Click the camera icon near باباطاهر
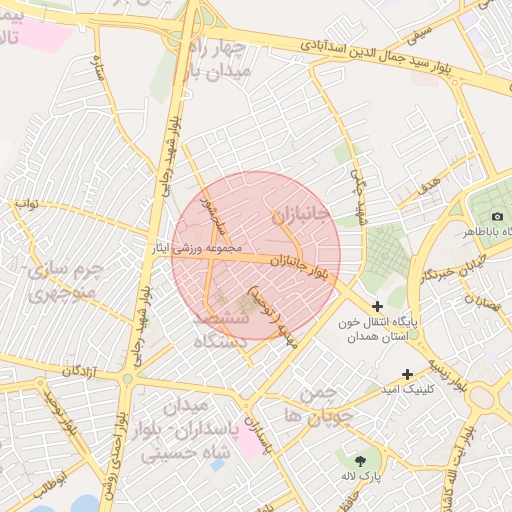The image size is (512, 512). (x=497, y=217)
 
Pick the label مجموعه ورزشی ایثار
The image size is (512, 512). (x=204, y=249)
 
